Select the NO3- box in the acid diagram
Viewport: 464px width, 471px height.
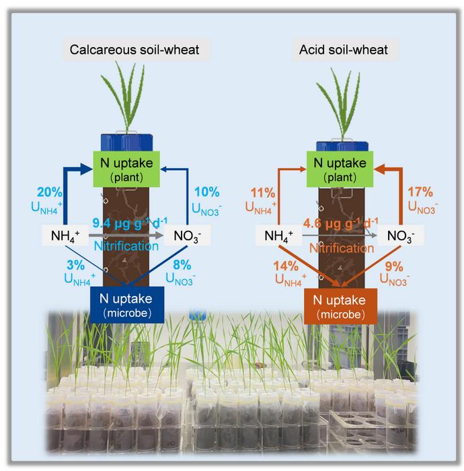[398, 236]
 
